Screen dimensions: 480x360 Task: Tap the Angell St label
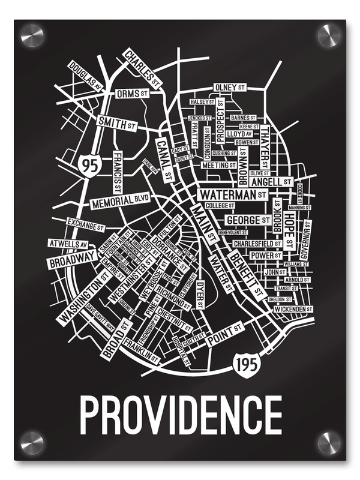coord(271,181)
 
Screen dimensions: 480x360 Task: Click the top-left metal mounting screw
coord(32,35)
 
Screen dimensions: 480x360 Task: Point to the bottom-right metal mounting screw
coord(328,443)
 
